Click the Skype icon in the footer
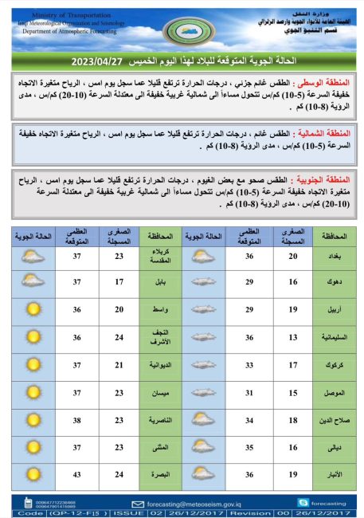point(303,503)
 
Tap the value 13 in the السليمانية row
point(293,338)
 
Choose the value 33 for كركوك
point(249,365)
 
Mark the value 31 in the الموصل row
point(249,393)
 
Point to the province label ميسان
point(161,393)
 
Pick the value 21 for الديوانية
point(119,365)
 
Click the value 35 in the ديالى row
point(249,447)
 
